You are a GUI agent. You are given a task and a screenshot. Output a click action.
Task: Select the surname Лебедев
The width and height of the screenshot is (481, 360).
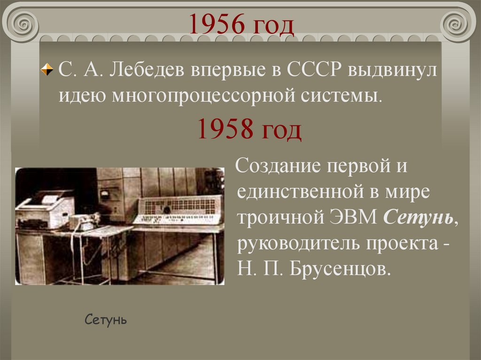[x=147, y=71]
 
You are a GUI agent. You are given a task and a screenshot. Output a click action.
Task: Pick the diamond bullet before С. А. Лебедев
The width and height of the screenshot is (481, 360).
[x=47, y=71]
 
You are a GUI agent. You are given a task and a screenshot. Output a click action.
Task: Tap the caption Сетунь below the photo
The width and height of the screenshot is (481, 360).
[x=106, y=321]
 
